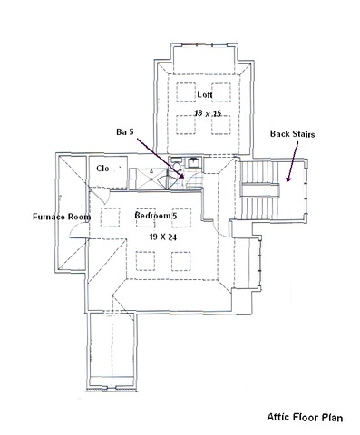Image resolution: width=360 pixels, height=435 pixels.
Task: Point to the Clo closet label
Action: pos(102,169)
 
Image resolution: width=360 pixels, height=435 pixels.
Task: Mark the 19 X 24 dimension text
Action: pos(164,235)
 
